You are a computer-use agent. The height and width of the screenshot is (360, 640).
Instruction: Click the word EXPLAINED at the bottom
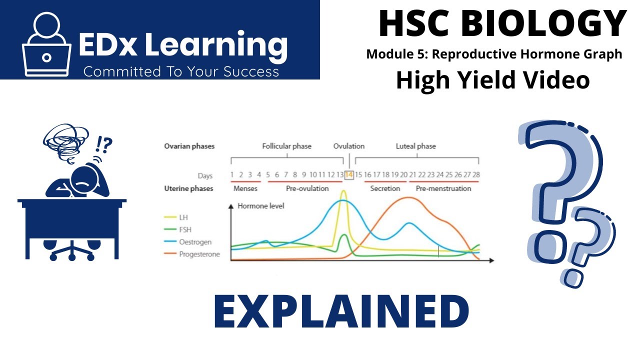341,311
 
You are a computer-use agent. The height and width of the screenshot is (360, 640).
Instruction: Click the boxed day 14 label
349,175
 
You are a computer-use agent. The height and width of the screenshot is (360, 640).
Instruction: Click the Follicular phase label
286,146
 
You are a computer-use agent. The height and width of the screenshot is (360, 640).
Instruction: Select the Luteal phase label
415,146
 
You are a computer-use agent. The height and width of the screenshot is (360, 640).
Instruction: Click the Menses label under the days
245,188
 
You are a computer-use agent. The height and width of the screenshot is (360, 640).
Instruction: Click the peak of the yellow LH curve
343,191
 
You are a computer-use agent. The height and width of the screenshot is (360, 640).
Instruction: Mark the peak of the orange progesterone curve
409,197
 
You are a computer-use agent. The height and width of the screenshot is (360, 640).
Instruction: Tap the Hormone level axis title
260,205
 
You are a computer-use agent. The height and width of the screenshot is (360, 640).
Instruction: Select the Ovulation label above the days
349,146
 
